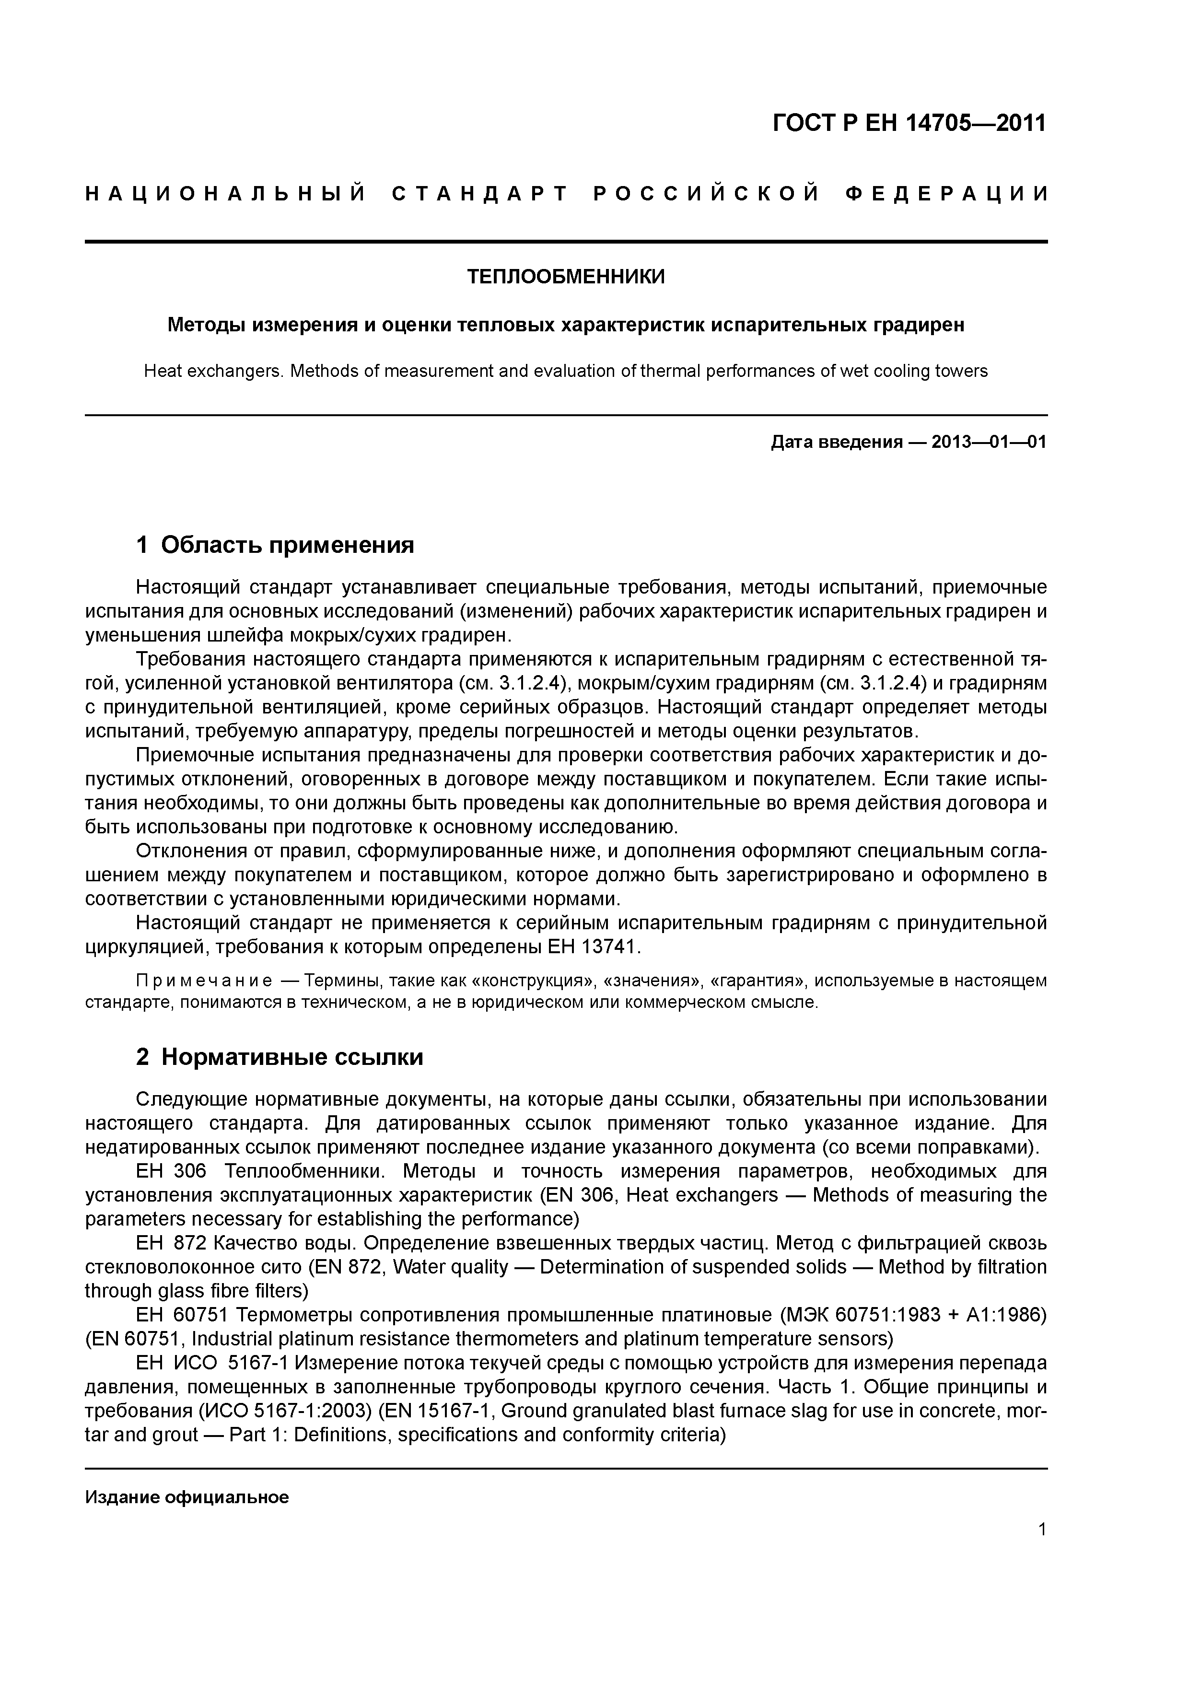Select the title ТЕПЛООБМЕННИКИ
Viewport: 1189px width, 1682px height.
(566, 278)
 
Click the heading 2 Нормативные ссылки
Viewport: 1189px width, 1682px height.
(280, 1057)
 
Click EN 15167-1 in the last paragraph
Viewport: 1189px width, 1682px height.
(436, 1411)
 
